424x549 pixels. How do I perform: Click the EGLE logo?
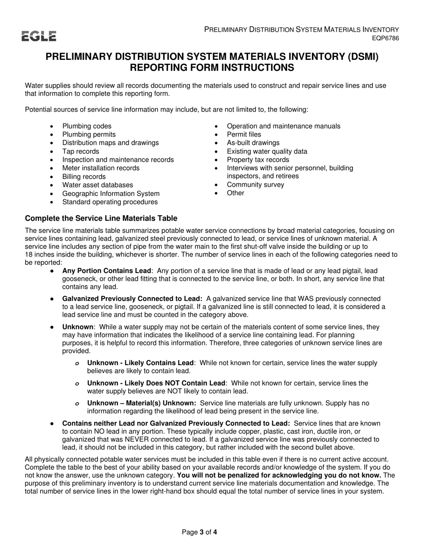39,36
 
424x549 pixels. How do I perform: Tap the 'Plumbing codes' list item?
87,126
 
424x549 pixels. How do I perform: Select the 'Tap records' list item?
81,151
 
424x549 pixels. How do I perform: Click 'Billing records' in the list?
84,177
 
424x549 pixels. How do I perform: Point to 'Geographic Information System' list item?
111,193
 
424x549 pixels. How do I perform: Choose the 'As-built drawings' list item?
253,143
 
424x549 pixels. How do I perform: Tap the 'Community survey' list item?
255,185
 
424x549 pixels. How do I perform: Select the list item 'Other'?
236,193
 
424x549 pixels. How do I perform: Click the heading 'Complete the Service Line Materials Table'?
101,218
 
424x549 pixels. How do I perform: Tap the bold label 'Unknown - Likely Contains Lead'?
140,363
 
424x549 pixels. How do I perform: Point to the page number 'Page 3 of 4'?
200,532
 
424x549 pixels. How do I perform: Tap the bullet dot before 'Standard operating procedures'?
52,202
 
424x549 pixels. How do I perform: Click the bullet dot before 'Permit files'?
216,135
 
